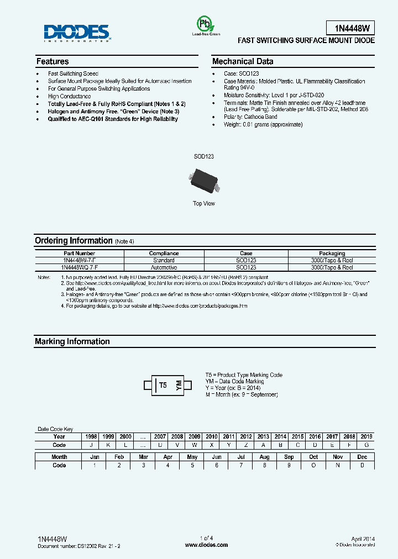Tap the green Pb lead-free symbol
(205, 24)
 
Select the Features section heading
(53, 61)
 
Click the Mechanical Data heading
(243, 61)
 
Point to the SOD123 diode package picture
(204, 181)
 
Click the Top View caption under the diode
(204, 203)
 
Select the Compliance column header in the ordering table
(164, 254)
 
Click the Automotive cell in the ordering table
(164, 267)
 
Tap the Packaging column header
(332, 254)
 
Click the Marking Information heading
(72, 341)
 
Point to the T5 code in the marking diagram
(163, 385)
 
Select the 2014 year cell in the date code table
(280, 436)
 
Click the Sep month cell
(289, 457)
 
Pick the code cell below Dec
(362, 465)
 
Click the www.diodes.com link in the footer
(206, 545)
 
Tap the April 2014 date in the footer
(363, 538)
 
